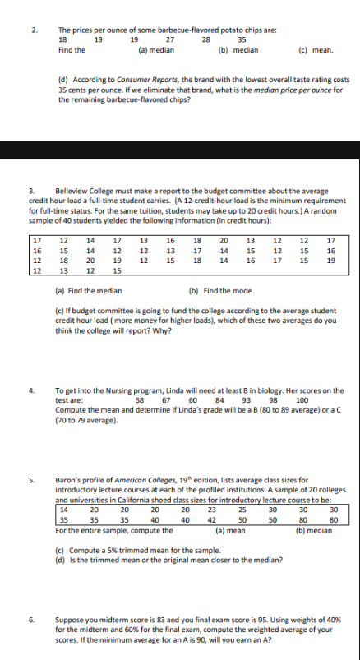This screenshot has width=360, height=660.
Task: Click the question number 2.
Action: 35,30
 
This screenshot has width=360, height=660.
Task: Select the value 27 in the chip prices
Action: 170,39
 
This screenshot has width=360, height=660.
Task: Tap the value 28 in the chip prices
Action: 205,39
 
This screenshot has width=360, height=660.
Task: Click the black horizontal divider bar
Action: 180,151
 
